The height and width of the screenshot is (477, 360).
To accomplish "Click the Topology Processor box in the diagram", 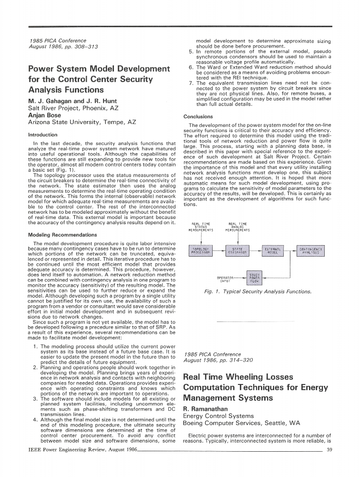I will point(201,250).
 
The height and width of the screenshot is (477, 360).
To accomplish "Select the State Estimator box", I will point(237,250).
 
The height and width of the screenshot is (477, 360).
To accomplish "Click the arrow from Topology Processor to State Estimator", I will point(219,250).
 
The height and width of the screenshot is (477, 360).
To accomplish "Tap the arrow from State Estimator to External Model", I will point(255,250).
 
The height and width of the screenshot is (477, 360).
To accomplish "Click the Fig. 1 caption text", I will point(257,291).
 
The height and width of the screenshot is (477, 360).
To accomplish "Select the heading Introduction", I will point(43,135).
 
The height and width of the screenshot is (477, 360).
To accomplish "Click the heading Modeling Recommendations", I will point(62,235).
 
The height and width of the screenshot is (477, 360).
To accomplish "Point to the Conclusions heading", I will point(198,116).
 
